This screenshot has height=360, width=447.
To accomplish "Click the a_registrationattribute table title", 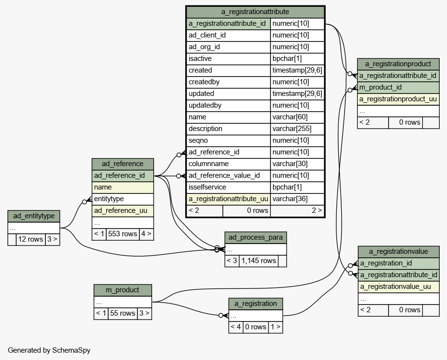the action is click(x=255, y=12).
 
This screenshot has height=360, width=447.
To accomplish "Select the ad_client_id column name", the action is click(x=207, y=35).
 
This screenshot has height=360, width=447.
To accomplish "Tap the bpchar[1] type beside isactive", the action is click(x=287, y=58).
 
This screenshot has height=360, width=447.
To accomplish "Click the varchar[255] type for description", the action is click(x=292, y=129).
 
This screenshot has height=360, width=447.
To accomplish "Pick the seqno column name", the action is click(x=198, y=140).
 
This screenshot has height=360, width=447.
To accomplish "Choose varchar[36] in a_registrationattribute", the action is click(x=290, y=199).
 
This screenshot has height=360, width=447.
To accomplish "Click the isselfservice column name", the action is click(x=207, y=187).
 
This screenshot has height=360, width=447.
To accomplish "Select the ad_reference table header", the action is click(x=122, y=164).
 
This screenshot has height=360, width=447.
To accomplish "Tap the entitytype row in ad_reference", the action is click(x=109, y=199).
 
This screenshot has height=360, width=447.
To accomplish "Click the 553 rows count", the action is click(x=122, y=233).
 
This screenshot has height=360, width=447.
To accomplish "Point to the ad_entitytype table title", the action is click(x=34, y=216).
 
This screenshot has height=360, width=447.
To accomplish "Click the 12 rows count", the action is click(x=31, y=239).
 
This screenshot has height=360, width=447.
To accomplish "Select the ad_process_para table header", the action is click(x=255, y=237).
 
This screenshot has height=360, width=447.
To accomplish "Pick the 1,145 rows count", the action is click(x=259, y=260).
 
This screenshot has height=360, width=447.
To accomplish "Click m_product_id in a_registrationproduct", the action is click(x=380, y=87).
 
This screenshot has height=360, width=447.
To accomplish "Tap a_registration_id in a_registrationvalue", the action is click(x=386, y=263).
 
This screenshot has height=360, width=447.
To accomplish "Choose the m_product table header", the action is click(x=122, y=290).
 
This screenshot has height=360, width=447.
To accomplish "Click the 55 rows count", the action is click(x=122, y=313).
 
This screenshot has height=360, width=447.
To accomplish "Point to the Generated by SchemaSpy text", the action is click(x=49, y=350).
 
